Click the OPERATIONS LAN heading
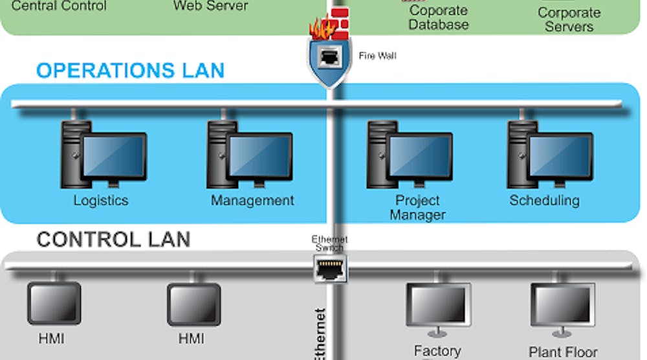tap(130, 70)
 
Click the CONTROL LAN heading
tap(113, 240)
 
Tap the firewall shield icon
tap(330, 60)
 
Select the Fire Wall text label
tap(377, 56)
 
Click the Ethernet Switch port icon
tap(330, 267)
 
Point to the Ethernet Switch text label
tap(329, 243)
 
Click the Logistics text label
tap(100, 201)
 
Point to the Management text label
tap(252, 201)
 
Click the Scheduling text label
tap(544, 200)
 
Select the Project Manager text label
tap(417, 208)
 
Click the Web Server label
tap(210, 6)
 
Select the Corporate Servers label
tap(569, 19)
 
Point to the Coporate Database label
tap(439, 18)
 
